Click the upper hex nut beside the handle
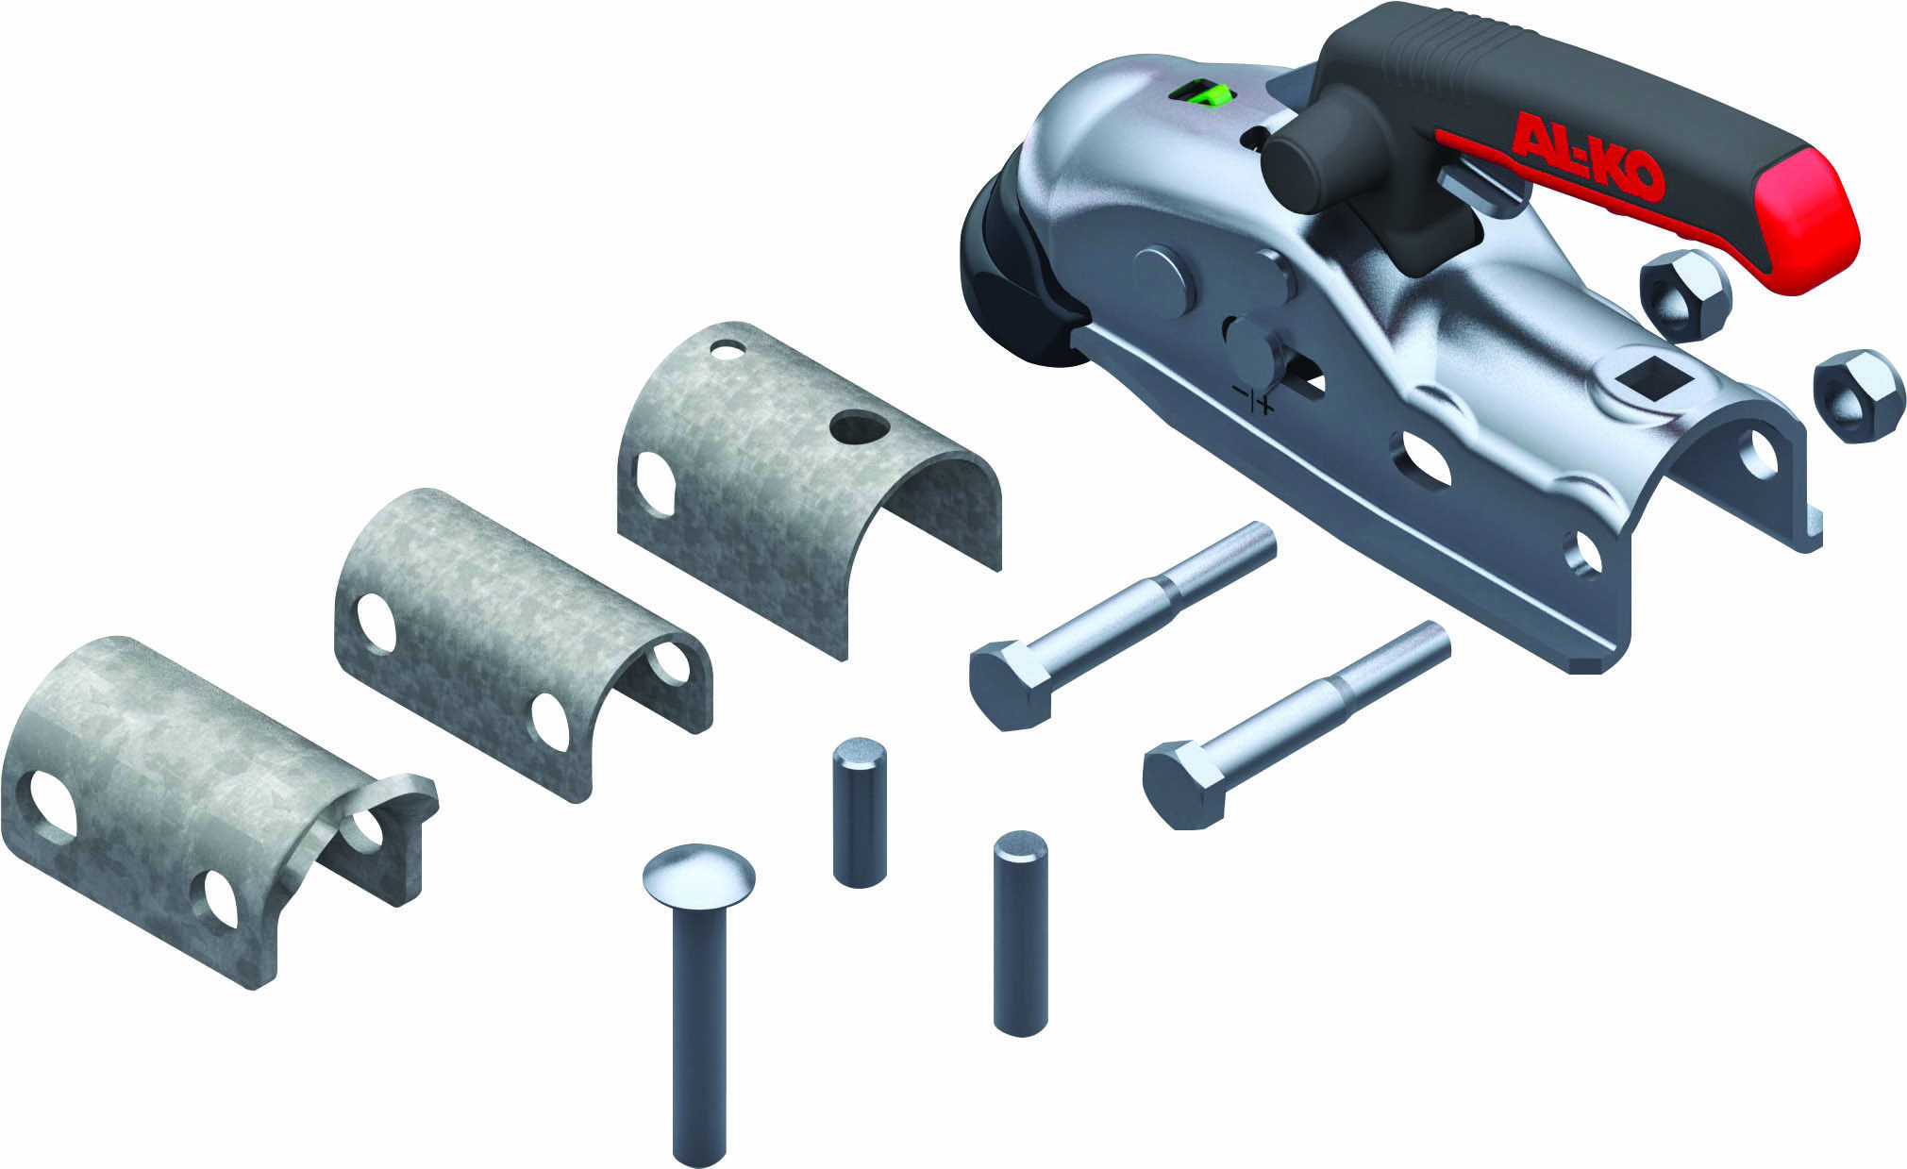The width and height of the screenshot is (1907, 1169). tap(1685, 295)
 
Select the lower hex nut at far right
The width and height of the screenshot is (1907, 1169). tap(1854, 395)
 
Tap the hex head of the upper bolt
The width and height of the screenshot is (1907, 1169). tap(1014, 683)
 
